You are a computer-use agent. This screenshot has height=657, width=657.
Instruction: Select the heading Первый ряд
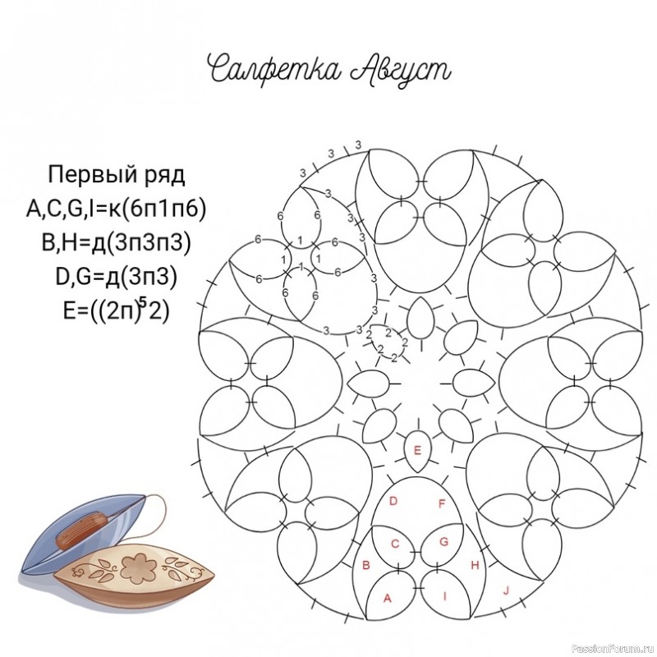[116, 175]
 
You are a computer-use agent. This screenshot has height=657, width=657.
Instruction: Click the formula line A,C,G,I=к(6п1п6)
[116, 209]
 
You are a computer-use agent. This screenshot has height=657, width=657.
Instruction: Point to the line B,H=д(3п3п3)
[116, 242]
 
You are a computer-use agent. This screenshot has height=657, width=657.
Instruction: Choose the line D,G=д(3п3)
[116, 277]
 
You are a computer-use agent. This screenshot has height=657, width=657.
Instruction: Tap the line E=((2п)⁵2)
[116, 310]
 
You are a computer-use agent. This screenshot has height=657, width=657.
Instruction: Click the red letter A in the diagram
[388, 599]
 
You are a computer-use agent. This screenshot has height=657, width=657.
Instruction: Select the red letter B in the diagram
[365, 565]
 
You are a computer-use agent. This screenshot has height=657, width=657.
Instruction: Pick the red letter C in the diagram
[395, 544]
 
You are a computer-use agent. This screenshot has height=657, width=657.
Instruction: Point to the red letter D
[393, 501]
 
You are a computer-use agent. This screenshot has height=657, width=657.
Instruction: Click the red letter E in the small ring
[417, 451]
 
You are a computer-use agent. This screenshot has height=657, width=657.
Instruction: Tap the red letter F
[442, 503]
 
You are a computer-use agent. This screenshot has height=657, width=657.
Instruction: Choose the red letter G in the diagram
[443, 542]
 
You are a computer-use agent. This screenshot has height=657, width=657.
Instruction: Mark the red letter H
[475, 565]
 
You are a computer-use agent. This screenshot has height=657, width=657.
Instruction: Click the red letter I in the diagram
[444, 596]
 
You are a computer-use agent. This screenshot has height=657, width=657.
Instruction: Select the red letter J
[506, 591]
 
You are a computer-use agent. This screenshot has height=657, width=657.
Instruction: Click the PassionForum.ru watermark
[613, 649]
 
